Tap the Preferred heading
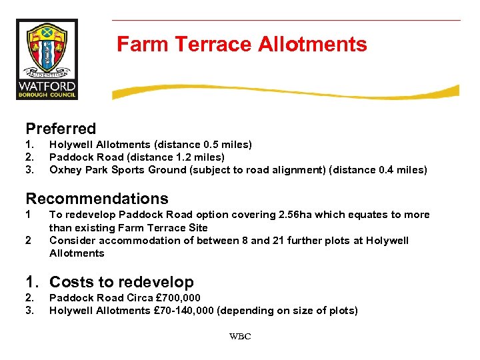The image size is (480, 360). (61, 129)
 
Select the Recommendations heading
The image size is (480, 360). (97, 199)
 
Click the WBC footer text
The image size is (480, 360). (239, 337)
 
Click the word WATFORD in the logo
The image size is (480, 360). (47, 87)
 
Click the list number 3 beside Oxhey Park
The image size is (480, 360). (29, 170)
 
